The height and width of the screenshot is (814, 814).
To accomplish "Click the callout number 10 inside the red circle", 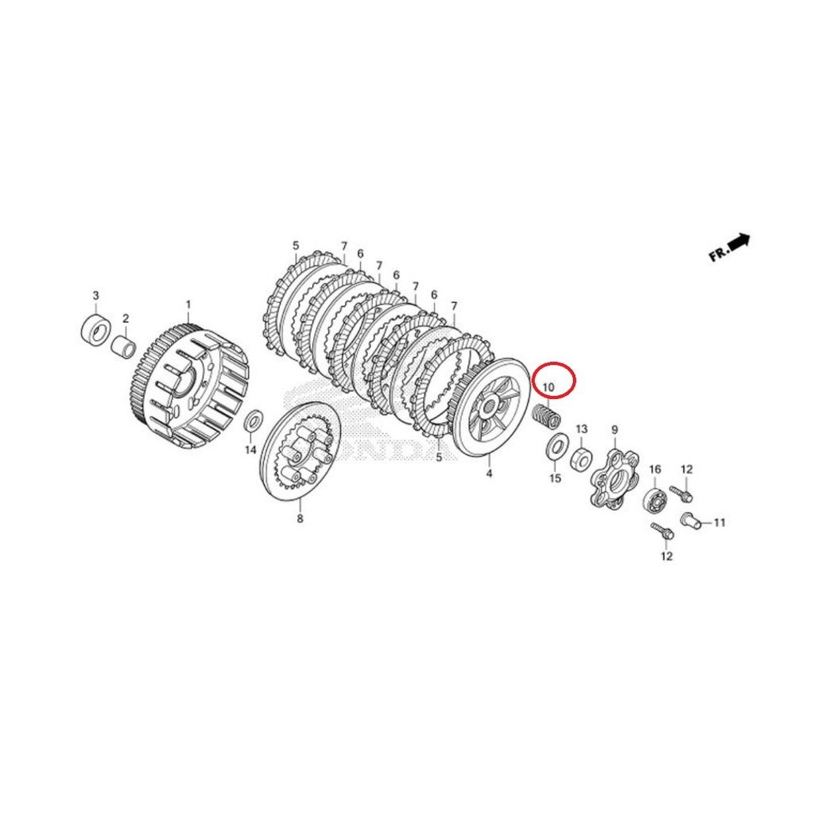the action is (x=548, y=387).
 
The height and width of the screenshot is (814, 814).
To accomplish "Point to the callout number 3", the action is (x=95, y=296).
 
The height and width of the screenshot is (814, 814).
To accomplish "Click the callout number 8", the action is (x=300, y=518).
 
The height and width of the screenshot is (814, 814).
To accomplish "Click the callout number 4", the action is (x=489, y=474).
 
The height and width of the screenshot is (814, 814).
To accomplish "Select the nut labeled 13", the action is (x=580, y=459).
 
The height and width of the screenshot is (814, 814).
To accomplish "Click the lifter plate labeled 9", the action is (x=614, y=478).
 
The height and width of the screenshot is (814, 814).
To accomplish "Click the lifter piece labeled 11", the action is (x=691, y=519).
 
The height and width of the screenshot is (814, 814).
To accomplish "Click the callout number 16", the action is (x=655, y=469).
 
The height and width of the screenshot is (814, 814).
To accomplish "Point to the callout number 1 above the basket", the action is (x=188, y=304).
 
